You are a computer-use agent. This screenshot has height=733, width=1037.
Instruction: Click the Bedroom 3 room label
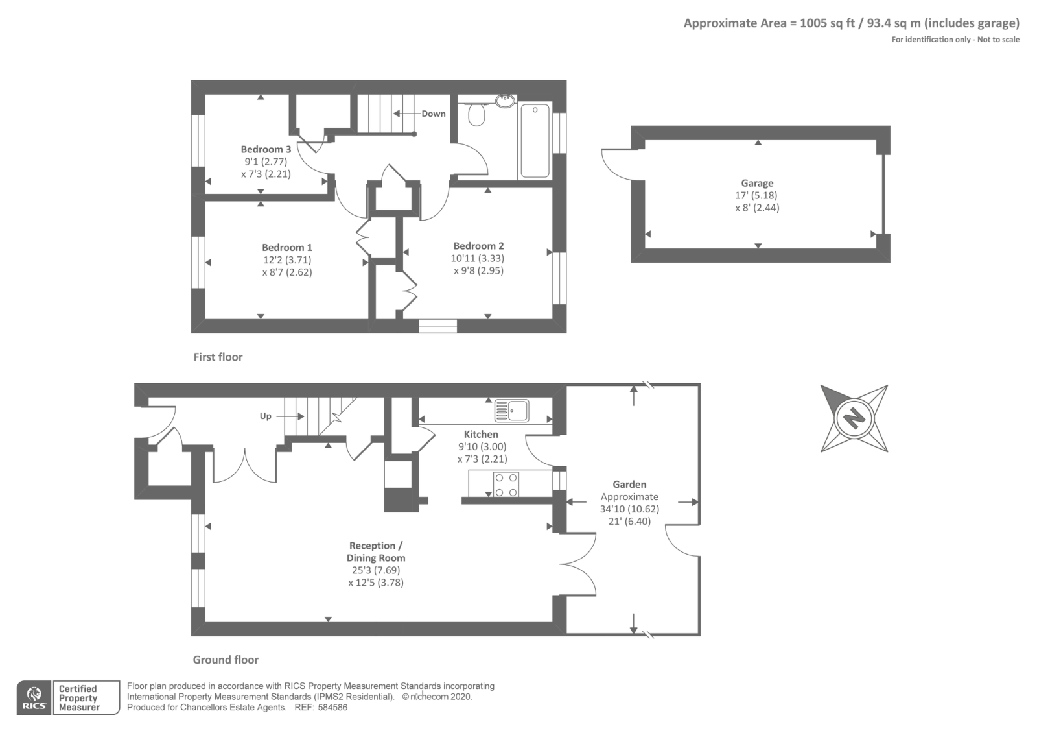(x=266, y=149)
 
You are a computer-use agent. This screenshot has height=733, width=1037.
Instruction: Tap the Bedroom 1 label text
(x=287, y=247)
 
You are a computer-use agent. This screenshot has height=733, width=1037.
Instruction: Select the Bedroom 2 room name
(x=478, y=246)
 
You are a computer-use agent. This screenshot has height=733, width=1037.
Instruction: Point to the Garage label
(x=757, y=184)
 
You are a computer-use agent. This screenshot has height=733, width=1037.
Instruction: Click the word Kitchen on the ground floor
(x=481, y=434)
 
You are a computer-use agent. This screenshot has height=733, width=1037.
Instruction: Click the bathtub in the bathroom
(x=535, y=140)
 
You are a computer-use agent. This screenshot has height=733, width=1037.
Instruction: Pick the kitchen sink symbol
(x=511, y=411)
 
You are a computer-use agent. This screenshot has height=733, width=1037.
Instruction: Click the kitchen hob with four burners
(x=506, y=485)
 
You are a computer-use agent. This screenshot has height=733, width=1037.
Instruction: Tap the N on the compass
(x=854, y=418)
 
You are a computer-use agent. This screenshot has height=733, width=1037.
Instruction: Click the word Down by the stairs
(x=434, y=114)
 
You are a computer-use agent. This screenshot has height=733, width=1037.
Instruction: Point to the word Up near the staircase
(x=265, y=416)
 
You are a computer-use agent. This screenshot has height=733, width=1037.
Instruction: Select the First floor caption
(x=218, y=357)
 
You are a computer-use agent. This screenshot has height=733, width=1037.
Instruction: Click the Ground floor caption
(x=226, y=660)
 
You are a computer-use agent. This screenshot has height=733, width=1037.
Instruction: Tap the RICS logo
(x=34, y=698)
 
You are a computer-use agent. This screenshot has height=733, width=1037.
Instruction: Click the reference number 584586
(x=332, y=708)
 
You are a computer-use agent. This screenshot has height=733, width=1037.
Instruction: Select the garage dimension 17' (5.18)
(x=757, y=195)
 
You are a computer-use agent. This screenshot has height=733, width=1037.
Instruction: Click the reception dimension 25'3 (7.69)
(x=375, y=570)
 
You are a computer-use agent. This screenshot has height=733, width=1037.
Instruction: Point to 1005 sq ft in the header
(x=827, y=23)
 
